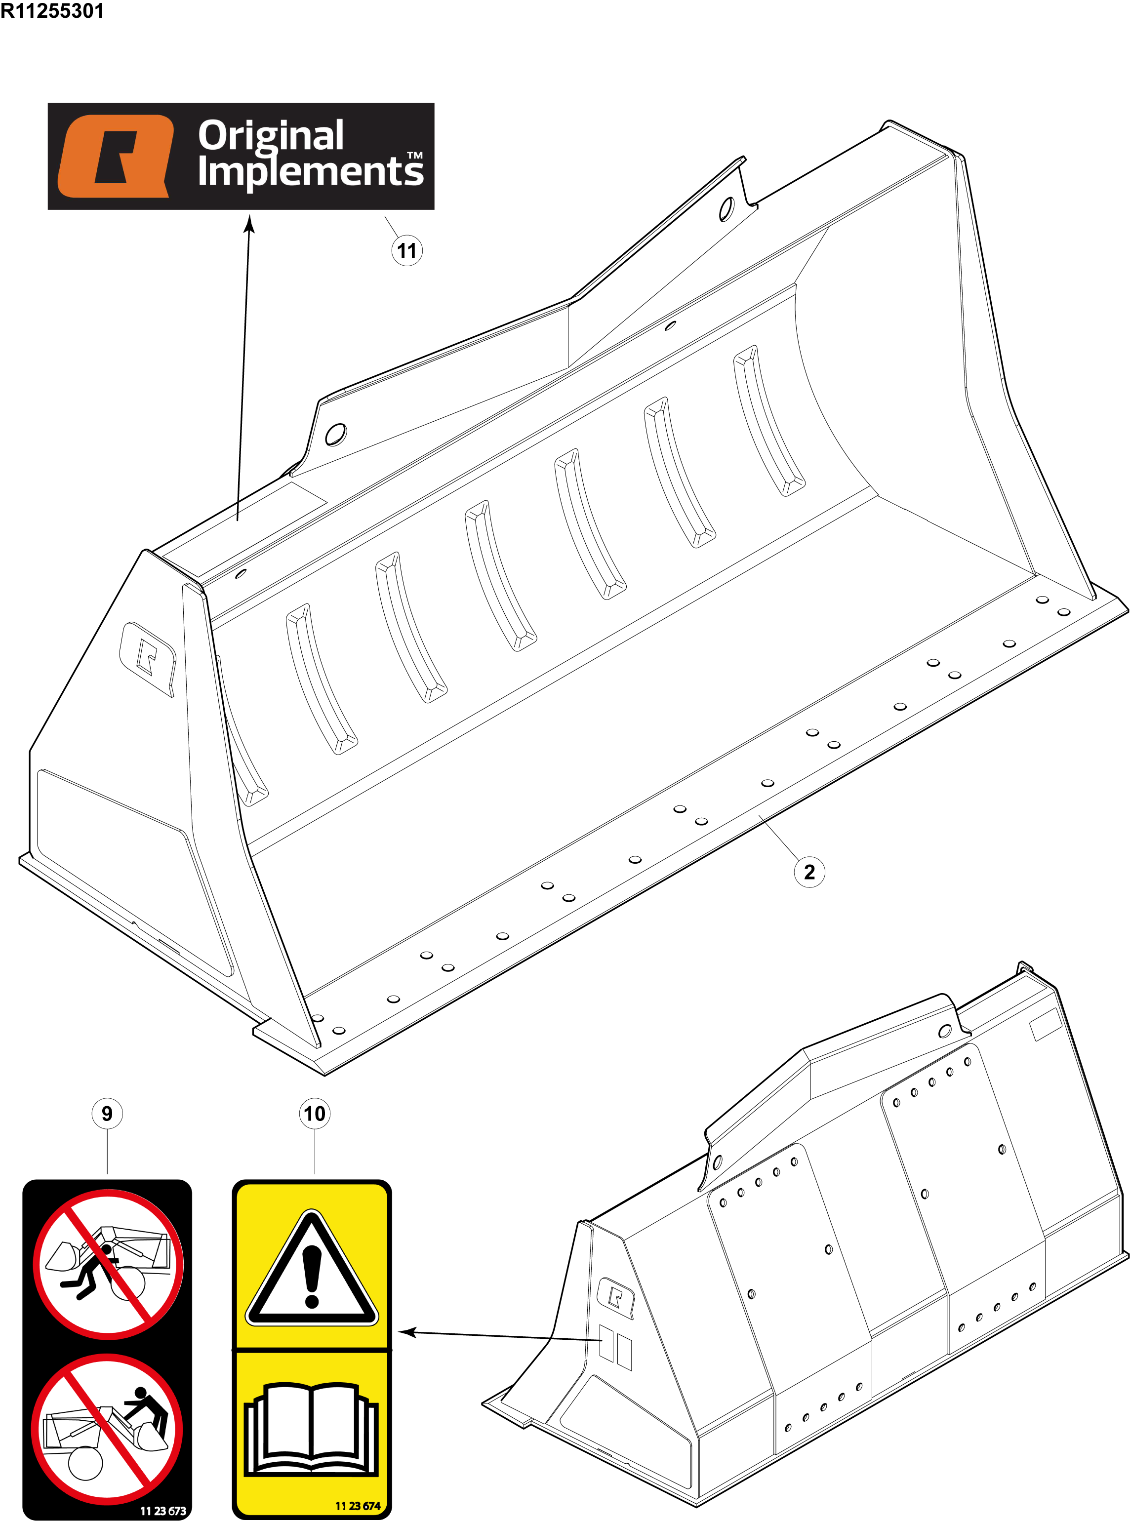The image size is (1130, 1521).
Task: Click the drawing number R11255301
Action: click(x=52, y=11)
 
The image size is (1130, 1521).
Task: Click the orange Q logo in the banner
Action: click(x=116, y=156)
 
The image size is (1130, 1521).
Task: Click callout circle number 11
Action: click(x=407, y=250)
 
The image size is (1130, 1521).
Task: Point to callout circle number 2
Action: click(x=809, y=872)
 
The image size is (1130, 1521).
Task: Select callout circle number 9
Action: click(x=107, y=1114)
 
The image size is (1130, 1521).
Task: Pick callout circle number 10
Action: click(x=315, y=1114)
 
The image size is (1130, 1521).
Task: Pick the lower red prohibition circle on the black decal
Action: click(x=107, y=1429)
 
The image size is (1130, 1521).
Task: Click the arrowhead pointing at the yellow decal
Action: click(x=406, y=1331)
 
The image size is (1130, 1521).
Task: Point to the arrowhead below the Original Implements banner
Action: click(x=250, y=224)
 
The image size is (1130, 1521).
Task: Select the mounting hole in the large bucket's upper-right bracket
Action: click(x=726, y=208)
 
